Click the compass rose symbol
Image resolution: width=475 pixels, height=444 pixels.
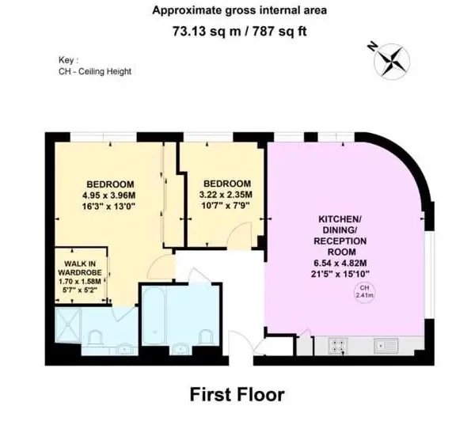point(391,62)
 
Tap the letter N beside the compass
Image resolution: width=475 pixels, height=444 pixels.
point(373,46)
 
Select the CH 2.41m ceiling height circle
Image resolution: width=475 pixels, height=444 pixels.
point(364,292)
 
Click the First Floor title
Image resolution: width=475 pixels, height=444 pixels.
point(237,394)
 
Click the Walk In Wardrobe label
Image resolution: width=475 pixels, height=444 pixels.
point(80,268)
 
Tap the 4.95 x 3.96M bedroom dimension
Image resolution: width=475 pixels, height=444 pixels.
point(108,195)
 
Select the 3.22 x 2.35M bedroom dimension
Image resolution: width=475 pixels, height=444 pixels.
point(226,194)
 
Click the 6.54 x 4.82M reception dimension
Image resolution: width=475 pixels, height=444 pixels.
point(340,263)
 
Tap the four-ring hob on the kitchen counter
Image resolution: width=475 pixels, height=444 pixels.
point(338,346)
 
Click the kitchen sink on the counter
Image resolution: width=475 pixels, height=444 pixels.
point(386,346)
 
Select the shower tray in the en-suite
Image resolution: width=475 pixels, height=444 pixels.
point(68,325)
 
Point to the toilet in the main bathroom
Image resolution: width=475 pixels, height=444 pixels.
point(206,337)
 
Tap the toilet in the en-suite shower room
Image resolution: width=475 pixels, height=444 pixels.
point(96,338)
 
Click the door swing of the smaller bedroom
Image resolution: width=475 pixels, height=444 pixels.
point(240,235)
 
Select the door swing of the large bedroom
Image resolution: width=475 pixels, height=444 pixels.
point(161,267)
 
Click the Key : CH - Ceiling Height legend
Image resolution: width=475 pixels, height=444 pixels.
point(95,66)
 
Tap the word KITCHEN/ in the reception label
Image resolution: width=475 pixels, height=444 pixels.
point(340,219)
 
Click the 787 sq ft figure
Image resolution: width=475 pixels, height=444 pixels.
point(279,31)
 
